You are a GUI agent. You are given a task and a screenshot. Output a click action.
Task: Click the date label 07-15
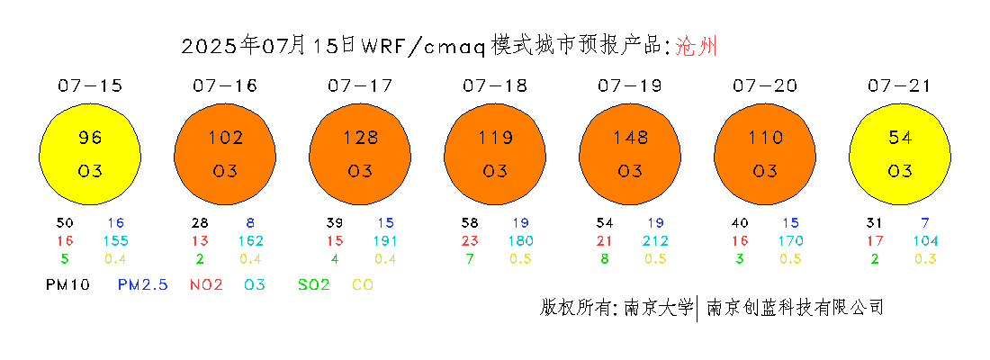click(x=90, y=85)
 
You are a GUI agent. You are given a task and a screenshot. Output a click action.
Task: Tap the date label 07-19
click(x=630, y=85)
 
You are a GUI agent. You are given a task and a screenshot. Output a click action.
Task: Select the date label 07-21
click(x=900, y=85)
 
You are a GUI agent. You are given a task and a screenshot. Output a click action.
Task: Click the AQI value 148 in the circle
click(x=629, y=137)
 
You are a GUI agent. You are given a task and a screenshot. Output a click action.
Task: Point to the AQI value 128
click(x=360, y=137)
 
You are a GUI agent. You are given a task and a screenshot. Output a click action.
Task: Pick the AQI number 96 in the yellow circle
click(x=90, y=137)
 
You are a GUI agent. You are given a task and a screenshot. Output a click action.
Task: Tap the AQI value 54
click(x=900, y=137)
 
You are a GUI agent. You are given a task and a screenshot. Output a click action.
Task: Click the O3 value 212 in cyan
click(x=655, y=240)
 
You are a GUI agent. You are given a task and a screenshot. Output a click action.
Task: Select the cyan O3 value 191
click(x=385, y=240)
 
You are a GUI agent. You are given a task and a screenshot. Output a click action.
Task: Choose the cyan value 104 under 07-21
click(x=925, y=240)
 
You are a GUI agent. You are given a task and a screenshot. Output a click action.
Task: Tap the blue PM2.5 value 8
click(x=251, y=223)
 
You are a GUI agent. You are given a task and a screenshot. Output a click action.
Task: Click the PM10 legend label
click(x=68, y=285)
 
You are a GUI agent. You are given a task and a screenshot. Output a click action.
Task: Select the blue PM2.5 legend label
click(x=143, y=285)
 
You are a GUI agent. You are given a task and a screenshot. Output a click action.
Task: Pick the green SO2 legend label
click(x=314, y=285)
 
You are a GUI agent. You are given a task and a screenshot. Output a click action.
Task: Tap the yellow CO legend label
click(x=363, y=285)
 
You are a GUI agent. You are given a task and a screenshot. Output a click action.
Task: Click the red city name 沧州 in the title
click(x=697, y=46)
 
